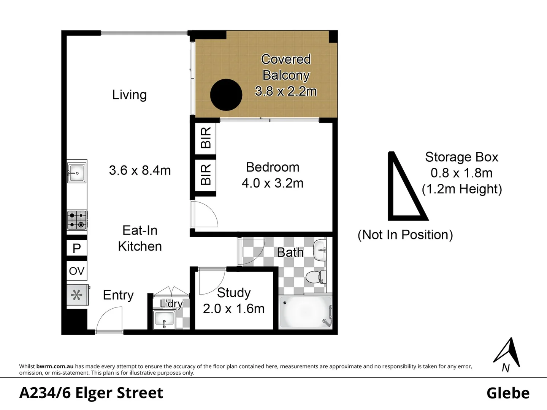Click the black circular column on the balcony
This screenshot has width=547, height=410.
226,95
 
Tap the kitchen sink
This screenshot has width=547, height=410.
77,172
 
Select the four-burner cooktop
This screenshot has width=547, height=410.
77,220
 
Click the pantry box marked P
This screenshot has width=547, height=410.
77,248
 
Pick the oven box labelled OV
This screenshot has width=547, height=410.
77,271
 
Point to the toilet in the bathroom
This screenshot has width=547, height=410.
316,277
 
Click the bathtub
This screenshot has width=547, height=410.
306,312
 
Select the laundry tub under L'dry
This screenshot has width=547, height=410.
165,319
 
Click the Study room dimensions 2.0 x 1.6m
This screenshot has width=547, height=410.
234,309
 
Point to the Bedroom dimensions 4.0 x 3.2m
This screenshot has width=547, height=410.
273,183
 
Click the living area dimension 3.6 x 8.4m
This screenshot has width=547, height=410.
140,171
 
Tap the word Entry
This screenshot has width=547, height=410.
118,295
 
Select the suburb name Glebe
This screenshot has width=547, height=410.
508,393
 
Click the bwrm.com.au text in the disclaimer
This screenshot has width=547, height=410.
55,366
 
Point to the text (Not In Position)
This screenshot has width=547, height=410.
405,235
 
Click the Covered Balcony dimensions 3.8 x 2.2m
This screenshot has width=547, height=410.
286,91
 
